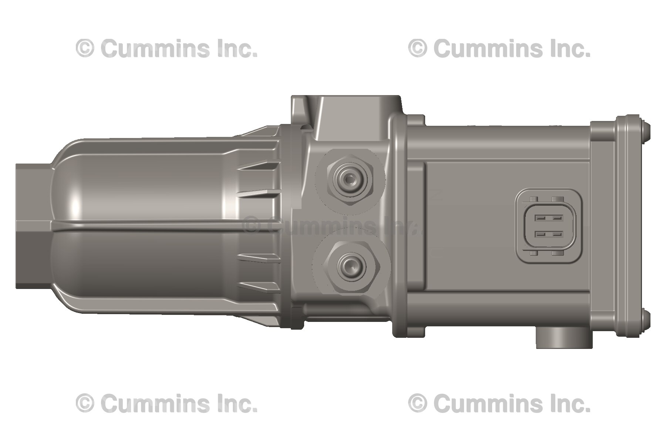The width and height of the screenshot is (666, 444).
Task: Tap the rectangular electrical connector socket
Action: pyautogui.click(x=549, y=226)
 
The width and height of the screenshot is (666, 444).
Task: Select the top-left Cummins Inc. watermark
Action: pyautogui.click(x=166, y=48)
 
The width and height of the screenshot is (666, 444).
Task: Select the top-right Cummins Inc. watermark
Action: pyautogui.click(x=499, y=48)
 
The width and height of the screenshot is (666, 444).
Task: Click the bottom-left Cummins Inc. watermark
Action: pyautogui.click(x=166, y=403)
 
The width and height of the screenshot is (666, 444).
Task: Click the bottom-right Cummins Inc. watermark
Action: pyautogui.click(x=499, y=403)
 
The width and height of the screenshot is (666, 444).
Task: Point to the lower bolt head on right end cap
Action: pyautogui.click(x=645, y=320)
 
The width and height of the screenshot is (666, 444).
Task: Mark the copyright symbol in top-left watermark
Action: pyautogui.click(x=85, y=49)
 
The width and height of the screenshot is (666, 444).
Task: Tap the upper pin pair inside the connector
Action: pyautogui.click(x=549, y=218)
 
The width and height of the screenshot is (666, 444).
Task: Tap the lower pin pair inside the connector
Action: pyautogui.click(x=549, y=234)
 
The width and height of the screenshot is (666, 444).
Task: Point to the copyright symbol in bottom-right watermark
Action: pyautogui.click(x=418, y=403)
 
